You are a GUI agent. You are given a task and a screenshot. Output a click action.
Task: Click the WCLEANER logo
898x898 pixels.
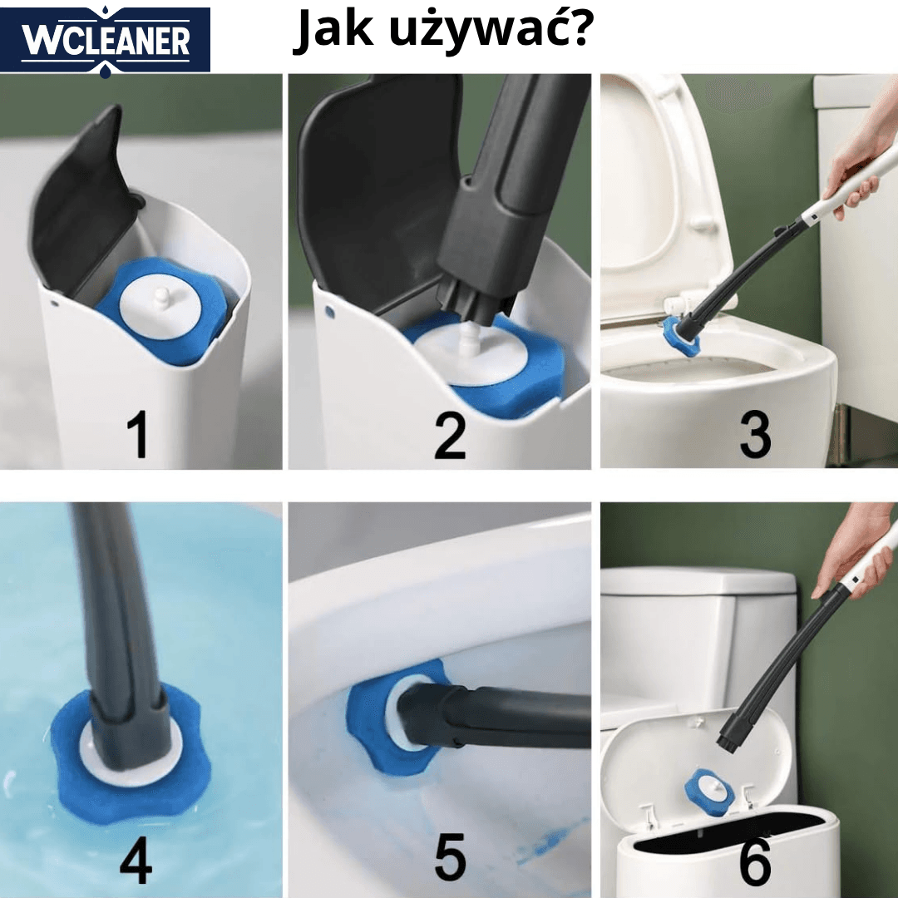(106, 40)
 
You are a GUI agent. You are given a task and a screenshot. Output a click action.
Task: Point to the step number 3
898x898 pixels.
(755, 433)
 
